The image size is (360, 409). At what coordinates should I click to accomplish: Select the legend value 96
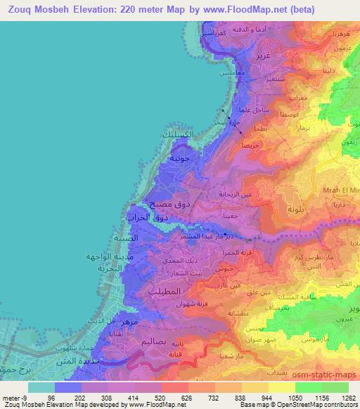(x=51, y=397)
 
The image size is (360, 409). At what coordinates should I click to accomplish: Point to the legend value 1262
(x=340, y=397)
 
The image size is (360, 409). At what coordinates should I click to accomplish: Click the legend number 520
(x=160, y=397)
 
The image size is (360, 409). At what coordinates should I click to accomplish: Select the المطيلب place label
(x=167, y=290)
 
